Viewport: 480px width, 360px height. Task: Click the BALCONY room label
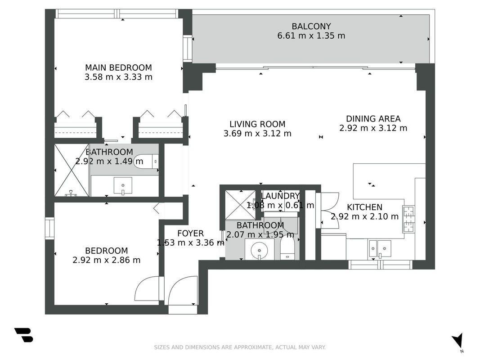tap(311, 27)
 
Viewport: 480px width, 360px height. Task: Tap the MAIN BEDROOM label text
tap(118, 67)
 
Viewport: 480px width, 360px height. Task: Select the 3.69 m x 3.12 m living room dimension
tap(257, 134)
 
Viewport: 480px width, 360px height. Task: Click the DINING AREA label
tap(373, 119)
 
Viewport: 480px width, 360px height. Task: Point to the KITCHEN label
tap(364, 207)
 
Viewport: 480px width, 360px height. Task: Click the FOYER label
tap(190, 234)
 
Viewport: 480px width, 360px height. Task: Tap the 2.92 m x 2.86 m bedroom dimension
tap(107, 260)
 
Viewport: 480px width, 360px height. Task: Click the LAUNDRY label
tap(280, 196)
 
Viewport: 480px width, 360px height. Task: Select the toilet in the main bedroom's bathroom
tap(146, 161)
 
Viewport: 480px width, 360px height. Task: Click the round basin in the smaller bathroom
tap(259, 250)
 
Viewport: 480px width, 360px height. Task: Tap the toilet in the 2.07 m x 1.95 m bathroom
tap(287, 247)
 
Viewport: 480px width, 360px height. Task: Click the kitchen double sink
tap(380, 249)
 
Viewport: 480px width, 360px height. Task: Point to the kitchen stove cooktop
tap(408, 219)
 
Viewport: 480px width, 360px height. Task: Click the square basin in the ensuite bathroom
tap(123, 186)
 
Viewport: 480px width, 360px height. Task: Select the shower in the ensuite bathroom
tap(72, 170)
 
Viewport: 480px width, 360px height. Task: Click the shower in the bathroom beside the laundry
tap(240, 205)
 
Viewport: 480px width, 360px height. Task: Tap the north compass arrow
tap(458, 340)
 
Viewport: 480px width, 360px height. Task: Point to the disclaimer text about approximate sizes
tap(240, 347)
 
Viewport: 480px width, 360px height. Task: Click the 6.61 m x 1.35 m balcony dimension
tap(311, 36)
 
